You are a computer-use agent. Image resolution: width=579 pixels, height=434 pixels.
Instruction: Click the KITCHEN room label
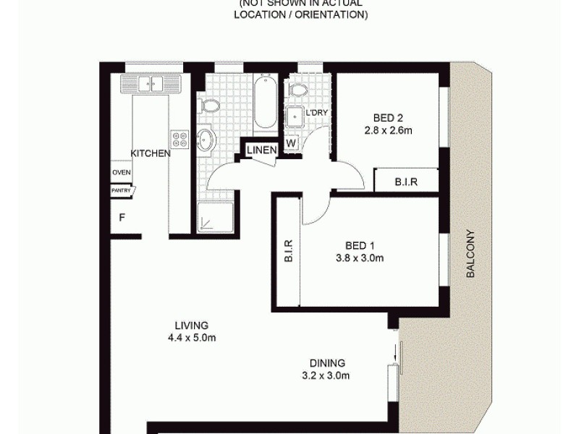pos(150,153)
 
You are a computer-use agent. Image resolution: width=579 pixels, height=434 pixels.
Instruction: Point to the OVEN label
pos(121,172)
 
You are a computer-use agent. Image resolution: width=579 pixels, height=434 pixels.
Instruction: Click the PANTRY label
pos(121,191)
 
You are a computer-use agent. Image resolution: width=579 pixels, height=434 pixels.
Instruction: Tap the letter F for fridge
pos(122,216)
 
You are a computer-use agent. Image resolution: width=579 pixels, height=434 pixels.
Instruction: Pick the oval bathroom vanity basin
pos(206,139)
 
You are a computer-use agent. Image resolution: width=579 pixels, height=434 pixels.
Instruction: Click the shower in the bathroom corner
pos(216,216)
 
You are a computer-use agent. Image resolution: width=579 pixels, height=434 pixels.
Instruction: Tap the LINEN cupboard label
pos(261,150)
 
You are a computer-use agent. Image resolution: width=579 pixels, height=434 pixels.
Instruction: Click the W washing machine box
pos(291,143)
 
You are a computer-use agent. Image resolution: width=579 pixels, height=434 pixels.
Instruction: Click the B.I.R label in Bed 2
pos(405,181)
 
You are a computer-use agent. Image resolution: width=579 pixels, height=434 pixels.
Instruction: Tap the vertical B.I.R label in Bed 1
pos(287,250)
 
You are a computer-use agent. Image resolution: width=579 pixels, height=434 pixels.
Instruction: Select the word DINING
pos(327,363)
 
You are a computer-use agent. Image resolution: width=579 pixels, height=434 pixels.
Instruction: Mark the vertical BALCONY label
pos(470,255)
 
